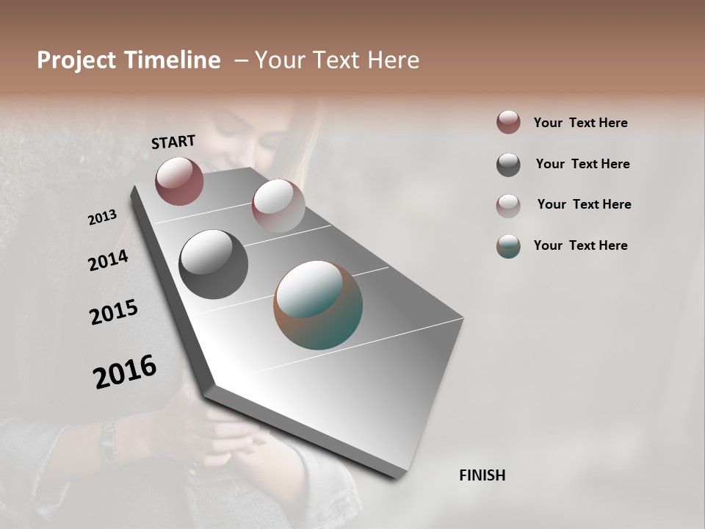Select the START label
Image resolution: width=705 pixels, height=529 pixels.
[x=173, y=142]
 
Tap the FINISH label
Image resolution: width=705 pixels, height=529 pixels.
[x=482, y=475]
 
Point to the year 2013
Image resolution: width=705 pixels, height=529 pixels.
[x=103, y=217]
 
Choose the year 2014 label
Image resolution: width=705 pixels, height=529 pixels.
[x=109, y=260]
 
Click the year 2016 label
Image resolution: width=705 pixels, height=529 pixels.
[x=125, y=372]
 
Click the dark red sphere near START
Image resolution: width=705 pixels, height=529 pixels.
[x=179, y=181]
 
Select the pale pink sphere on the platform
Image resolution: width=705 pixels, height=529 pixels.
[x=278, y=206]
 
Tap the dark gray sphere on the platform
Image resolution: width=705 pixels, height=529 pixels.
[x=213, y=264]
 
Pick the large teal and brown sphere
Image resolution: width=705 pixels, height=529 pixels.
[x=318, y=305]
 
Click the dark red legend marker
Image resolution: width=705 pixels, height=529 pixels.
[x=508, y=123]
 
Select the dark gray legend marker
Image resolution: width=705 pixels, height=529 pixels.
[x=508, y=165]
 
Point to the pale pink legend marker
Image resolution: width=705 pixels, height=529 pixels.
[x=508, y=205]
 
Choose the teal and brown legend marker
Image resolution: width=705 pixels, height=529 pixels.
[x=508, y=246]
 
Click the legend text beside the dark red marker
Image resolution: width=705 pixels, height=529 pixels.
[x=580, y=123]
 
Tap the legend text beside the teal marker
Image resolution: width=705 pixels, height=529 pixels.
[x=580, y=245]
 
